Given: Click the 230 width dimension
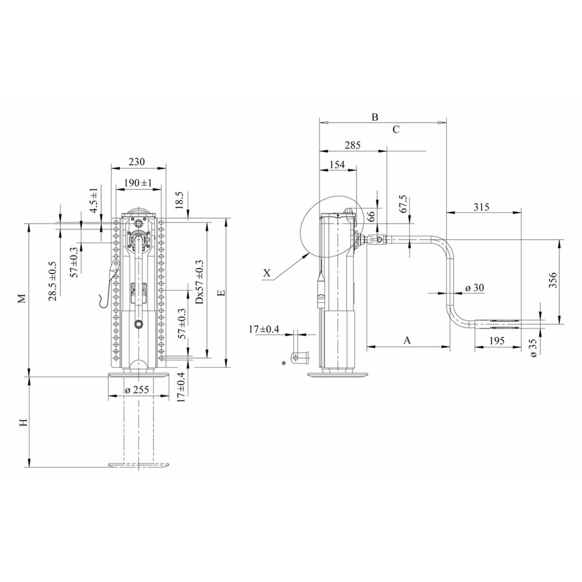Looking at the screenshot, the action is pyautogui.click(x=137, y=162).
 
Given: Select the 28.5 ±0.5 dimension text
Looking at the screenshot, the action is pyautogui.click(x=52, y=281).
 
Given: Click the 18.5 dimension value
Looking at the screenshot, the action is pyautogui.click(x=180, y=200).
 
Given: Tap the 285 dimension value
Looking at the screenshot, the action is pyautogui.click(x=353, y=145).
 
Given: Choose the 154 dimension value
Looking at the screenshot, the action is pyautogui.click(x=337, y=164).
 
